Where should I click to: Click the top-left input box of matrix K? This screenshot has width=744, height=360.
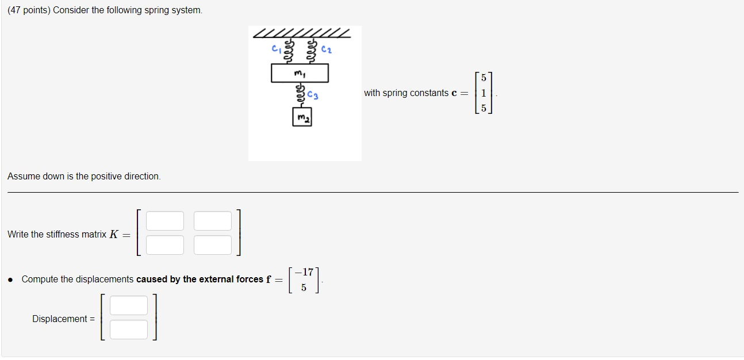(165, 221)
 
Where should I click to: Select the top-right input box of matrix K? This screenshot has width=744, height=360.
(213, 221)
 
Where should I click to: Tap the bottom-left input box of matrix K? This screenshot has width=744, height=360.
(165, 245)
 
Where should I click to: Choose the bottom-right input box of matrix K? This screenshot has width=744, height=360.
(213, 245)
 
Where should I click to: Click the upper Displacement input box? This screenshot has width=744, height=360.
(129, 305)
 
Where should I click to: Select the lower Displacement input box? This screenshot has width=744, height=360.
(129, 330)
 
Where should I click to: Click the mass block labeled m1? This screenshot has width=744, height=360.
(300, 73)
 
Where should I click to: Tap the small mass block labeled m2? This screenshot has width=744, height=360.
(301, 118)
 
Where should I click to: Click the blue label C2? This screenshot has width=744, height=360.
(327, 50)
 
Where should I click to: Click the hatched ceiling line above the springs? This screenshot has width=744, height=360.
(301, 33)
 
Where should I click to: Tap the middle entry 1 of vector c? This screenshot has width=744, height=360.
(484, 93)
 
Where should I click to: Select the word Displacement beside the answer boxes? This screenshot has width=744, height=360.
(60, 319)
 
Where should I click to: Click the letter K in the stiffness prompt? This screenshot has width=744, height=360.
(113, 234)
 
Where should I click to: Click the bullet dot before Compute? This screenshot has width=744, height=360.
(11, 279)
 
